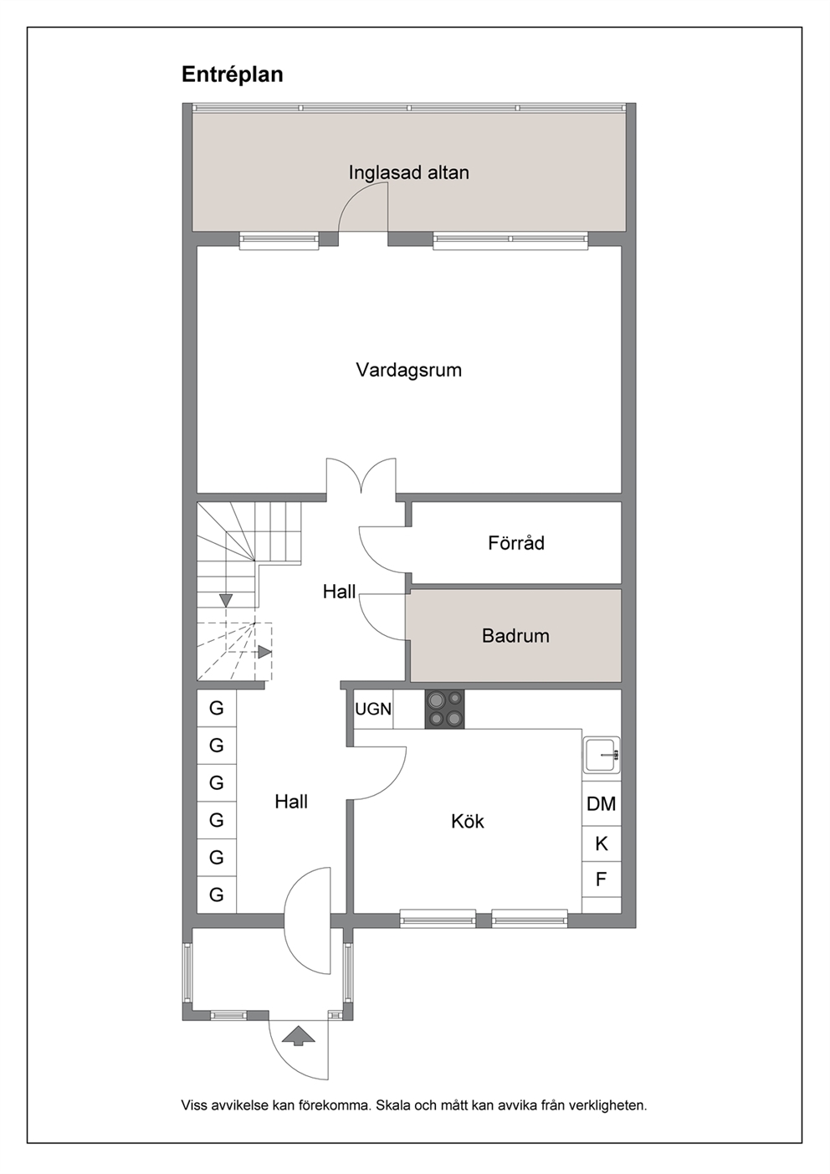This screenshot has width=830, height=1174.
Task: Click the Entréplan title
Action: point(232,75)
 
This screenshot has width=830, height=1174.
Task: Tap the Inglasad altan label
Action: point(408,172)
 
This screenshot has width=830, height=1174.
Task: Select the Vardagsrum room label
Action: point(408,370)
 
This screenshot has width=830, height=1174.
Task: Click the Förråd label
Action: point(516,543)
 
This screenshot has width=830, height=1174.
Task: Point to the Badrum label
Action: point(515,636)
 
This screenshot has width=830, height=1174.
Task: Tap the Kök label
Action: point(468,821)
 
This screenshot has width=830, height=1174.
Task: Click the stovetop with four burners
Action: point(444,709)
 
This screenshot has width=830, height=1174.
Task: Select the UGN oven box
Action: point(373,709)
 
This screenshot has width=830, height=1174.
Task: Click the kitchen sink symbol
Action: point(602,755)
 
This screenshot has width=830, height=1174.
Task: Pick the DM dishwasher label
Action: point(601,804)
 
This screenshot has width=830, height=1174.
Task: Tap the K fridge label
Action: point(602,843)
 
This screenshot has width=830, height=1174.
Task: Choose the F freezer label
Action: point(601,879)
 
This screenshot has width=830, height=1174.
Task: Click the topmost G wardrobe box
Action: point(217,708)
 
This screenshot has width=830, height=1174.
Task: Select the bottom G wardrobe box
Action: point(217,895)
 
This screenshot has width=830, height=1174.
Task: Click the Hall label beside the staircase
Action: point(339,592)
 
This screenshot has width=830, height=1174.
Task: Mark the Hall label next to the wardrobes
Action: point(291,802)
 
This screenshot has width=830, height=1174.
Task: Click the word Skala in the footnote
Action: point(393,1106)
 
